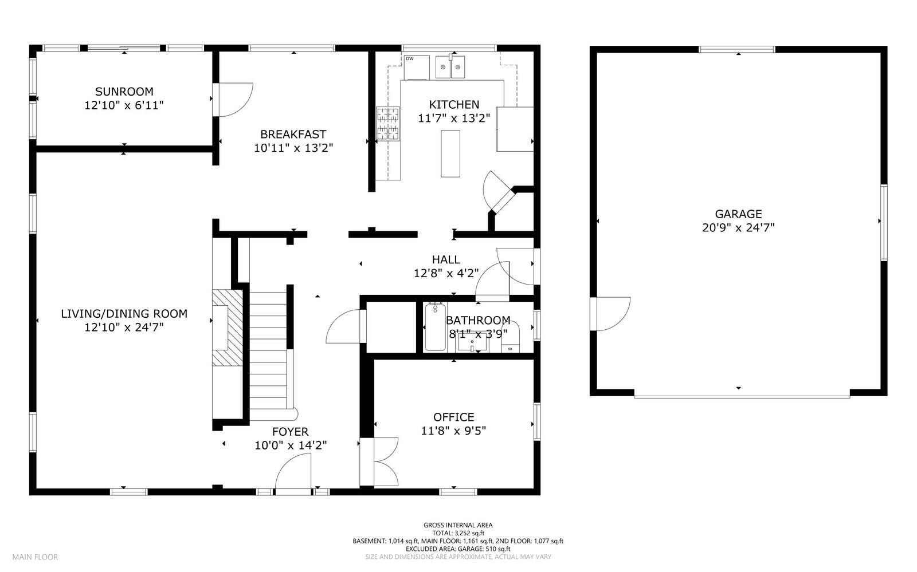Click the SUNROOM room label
(124, 92)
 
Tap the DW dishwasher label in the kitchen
(409, 59)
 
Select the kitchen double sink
(450, 67)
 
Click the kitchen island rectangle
(450, 153)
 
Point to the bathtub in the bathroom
(435, 327)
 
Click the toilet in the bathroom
(511, 337)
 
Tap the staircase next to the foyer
(269, 351)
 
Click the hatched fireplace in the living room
(228, 328)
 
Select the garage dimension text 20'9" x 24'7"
(739, 228)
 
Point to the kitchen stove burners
(387, 124)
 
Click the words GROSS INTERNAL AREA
(458, 525)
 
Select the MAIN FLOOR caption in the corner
(35, 557)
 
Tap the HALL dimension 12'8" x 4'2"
(446, 273)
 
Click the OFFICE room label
(453, 417)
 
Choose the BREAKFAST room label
(293, 134)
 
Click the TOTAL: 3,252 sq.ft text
(458, 533)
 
